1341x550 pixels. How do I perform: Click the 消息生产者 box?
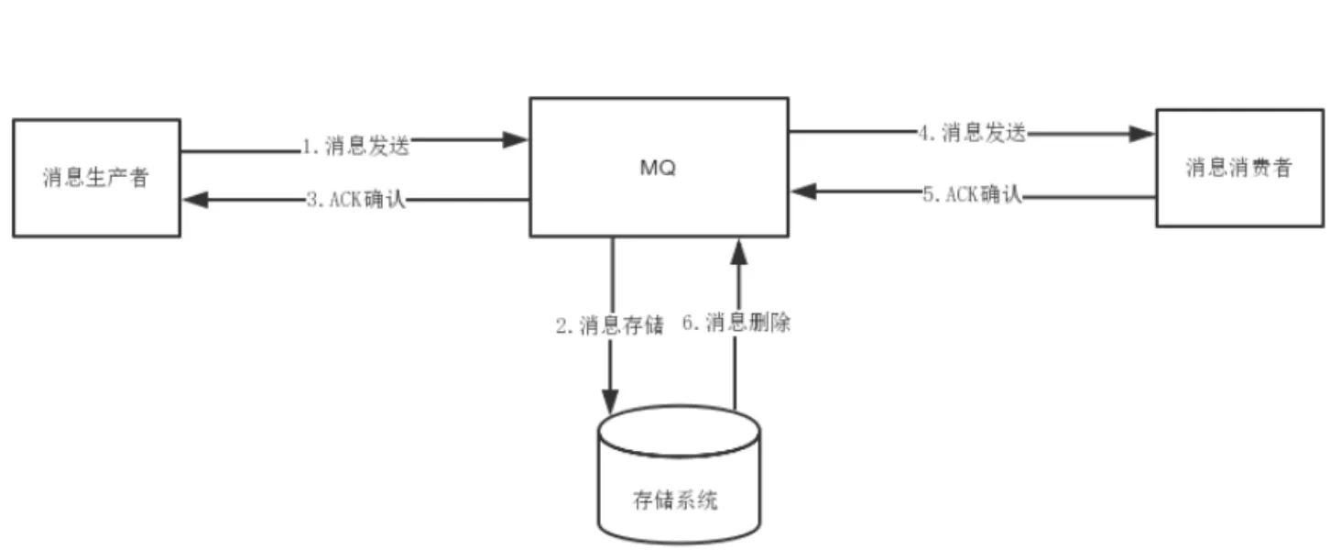pos(96,178)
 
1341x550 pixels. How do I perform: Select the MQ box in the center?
pos(659,167)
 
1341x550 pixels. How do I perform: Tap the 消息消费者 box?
pos(1238,168)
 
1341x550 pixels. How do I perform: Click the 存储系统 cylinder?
pos(679,477)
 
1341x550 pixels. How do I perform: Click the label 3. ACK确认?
pos(356,200)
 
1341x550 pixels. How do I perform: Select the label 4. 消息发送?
pos(972,133)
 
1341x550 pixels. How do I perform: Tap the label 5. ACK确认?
pos(972,194)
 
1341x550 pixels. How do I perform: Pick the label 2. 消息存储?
pos(609,326)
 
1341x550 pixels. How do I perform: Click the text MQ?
pos(659,169)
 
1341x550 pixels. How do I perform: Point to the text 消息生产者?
pos(95,178)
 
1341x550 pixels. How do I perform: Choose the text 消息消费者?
pos(1238,168)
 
